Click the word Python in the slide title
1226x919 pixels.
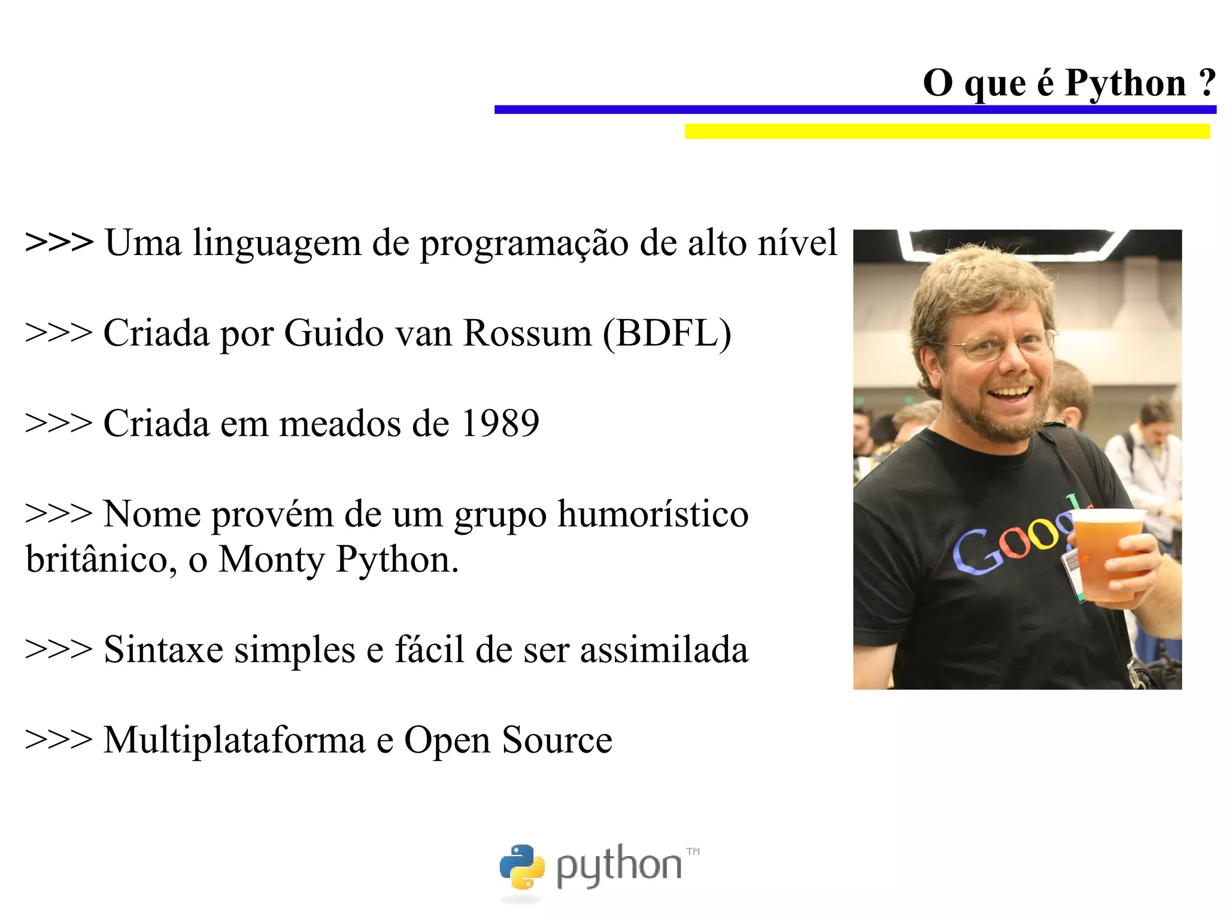coord(1125,83)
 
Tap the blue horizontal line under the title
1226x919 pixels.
coord(855,110)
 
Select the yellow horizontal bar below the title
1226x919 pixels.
coord(947,131)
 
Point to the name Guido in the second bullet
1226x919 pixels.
coord(333,333)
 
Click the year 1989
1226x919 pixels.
coord(500,423)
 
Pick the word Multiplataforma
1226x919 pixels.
coord(234,740)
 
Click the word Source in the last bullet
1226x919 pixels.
coord(557,740)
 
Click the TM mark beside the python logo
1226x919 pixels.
coord(693,851)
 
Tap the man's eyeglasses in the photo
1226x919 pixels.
coord(997,345)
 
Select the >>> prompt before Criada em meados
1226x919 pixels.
coord(59,423)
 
